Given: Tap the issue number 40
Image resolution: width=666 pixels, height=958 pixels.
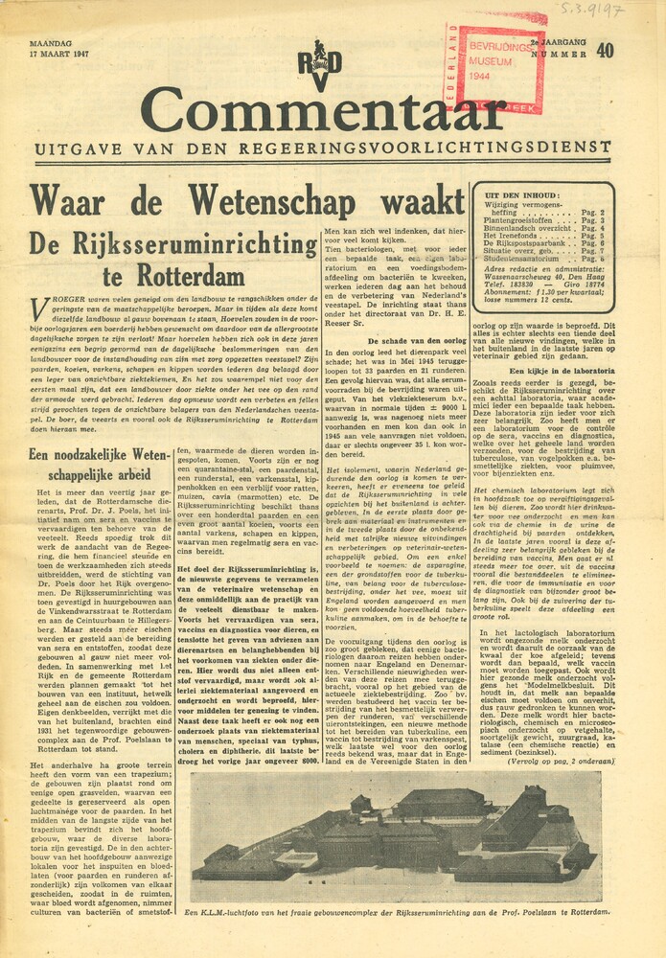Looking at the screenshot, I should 604,52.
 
